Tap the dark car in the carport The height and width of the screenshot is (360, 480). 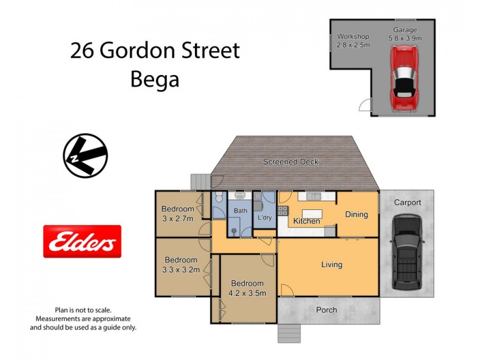tap(407, 253)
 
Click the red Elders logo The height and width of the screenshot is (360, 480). tap(82, 242)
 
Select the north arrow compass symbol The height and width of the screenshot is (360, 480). tap(85, 156)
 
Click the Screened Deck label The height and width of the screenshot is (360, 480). tap(290, 162)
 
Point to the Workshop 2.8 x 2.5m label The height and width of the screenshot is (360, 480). tap(353, 40)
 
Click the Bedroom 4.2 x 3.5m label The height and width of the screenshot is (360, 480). tap(247, 288)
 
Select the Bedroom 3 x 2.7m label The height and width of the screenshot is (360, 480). tap(178, 214)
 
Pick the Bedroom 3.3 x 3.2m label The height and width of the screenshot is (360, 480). tap(181, 265)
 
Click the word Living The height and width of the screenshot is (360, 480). tap(331, 265)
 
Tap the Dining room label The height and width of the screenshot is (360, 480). tap(356, 215)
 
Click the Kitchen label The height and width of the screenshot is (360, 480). tap(306, 221)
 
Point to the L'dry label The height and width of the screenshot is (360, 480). tap(265, 218)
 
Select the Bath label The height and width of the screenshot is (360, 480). tap(240, 211)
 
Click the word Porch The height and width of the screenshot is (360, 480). tap(327, 310)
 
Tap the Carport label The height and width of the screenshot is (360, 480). tap(407, 203)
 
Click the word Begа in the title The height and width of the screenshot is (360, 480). tap(155, 79)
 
